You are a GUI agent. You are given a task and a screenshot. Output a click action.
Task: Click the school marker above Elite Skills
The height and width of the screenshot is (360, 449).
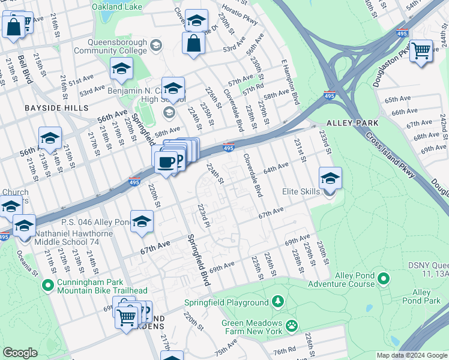330,179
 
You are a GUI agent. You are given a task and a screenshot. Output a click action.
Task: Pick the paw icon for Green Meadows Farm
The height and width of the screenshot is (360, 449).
292,325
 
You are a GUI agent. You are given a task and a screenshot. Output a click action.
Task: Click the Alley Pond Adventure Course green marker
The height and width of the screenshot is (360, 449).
384,278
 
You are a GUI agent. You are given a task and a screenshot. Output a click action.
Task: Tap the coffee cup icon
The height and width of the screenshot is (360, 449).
166,161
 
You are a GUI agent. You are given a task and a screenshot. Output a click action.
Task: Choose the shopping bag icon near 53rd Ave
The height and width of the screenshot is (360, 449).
193,43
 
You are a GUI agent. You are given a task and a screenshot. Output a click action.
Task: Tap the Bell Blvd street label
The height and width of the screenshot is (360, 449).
25,68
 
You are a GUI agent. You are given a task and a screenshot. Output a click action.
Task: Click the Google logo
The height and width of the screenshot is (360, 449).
20,353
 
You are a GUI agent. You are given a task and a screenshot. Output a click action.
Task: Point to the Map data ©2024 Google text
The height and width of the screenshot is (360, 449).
411,355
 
